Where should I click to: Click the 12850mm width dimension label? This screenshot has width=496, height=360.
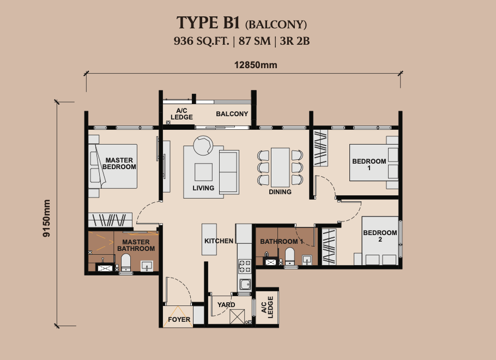256,65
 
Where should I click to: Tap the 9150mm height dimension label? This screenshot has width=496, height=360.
46,218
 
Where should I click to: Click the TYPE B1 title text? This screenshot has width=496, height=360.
207,23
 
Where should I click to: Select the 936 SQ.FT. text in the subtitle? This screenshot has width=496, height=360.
201,41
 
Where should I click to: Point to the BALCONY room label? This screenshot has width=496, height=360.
232,114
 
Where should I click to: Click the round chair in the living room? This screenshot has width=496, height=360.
203,145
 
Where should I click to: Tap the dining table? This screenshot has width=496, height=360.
280,167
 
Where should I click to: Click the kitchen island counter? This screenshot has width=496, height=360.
209,239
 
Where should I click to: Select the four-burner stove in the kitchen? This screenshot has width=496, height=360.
245,266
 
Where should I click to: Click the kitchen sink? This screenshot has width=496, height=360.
245,284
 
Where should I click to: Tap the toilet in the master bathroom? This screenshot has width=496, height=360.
126,261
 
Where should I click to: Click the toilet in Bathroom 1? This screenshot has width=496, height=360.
290,256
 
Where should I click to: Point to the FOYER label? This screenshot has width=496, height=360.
179,320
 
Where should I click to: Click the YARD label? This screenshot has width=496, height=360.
226,304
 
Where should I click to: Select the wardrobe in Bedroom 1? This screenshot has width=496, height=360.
320,148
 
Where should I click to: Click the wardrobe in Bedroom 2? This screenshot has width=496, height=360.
329,247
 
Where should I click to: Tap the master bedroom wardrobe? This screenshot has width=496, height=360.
110,220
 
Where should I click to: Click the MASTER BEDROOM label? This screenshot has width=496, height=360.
119,164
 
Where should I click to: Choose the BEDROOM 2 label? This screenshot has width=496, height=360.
380,236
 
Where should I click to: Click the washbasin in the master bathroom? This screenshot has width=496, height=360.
147,266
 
